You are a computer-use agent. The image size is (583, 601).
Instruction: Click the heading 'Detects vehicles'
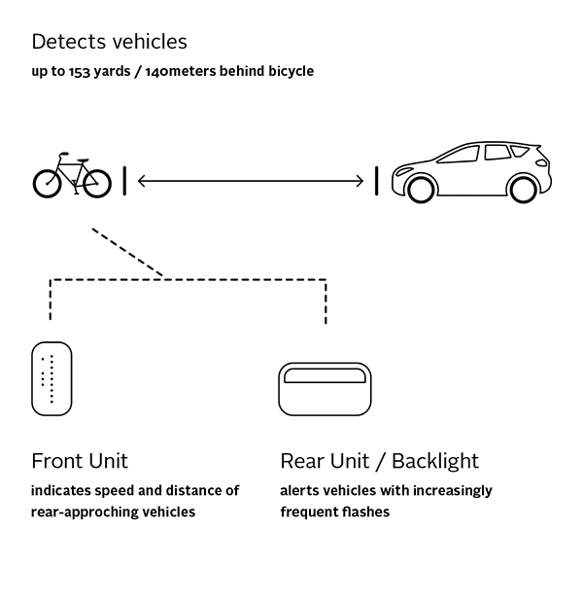click(109, 42)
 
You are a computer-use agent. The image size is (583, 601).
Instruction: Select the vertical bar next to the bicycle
click(124, 181)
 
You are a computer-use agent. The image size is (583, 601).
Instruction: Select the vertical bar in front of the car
click(376, 181)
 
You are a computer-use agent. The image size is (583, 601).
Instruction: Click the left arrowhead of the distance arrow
click(143, 181)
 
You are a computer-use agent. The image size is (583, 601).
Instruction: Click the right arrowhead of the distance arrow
click(359, 181)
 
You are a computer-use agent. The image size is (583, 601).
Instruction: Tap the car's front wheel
click(421, 189)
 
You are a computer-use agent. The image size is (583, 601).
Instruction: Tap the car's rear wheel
click(522, 188)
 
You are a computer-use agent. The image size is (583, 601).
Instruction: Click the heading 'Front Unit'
click(80, 460)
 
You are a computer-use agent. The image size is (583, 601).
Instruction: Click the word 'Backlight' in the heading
click(434, 460)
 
